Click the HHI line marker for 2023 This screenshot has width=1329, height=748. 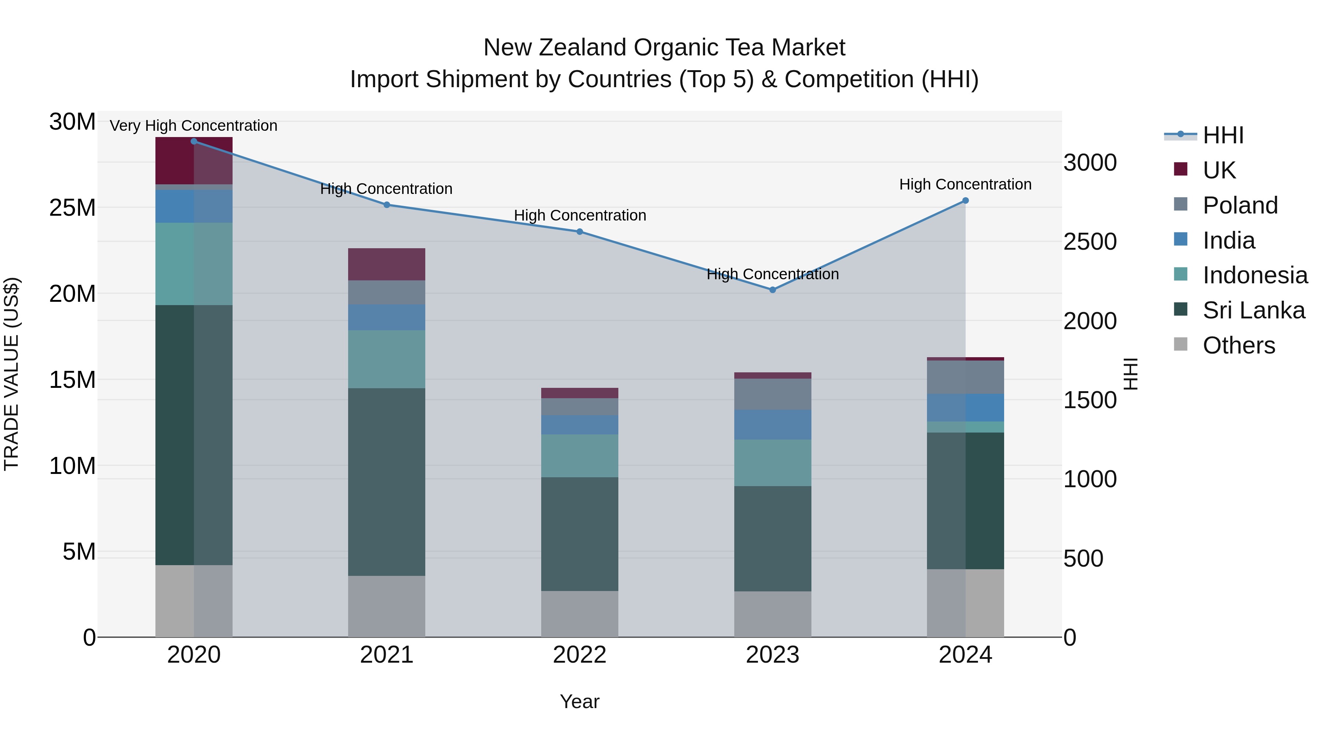tap(772, 290)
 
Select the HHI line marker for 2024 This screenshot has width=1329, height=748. tap(965, 201)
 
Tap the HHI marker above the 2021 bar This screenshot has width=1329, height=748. tap(387, 205)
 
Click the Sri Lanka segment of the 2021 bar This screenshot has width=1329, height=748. tap(387, 482)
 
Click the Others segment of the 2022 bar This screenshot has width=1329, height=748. tap(579, 614)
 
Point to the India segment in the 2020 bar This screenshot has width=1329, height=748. tap(193, 206)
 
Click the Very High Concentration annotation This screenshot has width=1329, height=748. tap(193, 126)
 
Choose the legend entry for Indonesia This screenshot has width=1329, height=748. tap(1255, 275)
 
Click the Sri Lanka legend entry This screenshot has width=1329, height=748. tap(1254, 310)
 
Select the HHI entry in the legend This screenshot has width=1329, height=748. tap(1223, 135)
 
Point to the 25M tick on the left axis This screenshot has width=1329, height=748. tap(72, 208)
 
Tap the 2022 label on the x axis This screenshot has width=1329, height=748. tap(579, 655)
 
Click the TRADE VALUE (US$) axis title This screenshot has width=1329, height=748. tap(11, 374)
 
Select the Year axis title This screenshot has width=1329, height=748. tap(579, 701)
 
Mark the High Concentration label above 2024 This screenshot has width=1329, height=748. tap(965, 184)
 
